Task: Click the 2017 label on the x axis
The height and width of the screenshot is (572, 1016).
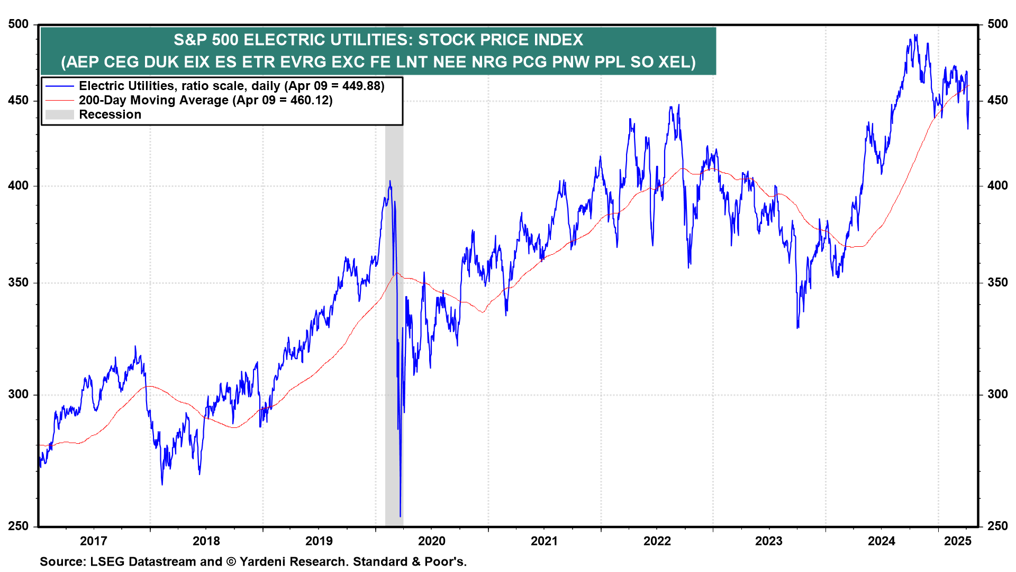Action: tap(93, 541)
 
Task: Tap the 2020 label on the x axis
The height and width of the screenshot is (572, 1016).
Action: tap(431, 541)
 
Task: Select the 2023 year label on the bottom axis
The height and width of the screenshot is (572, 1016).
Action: tap(768, 541)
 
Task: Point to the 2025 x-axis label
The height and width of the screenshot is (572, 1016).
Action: tap(958, 541)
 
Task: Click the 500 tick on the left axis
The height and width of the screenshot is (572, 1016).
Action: tap(19, 24)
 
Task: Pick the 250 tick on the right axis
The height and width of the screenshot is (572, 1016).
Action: tap(997, 526)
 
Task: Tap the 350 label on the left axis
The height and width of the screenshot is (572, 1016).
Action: tap(19, 283)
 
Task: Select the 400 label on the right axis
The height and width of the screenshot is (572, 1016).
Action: tap(997, 186)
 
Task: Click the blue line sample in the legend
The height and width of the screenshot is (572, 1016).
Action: tap(59, 86)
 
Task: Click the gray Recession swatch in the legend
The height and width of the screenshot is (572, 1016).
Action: tap(59, 115)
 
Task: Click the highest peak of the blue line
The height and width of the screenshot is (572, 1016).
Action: tap(916, 35)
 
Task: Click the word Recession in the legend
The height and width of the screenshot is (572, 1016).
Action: tap(110, 115)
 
